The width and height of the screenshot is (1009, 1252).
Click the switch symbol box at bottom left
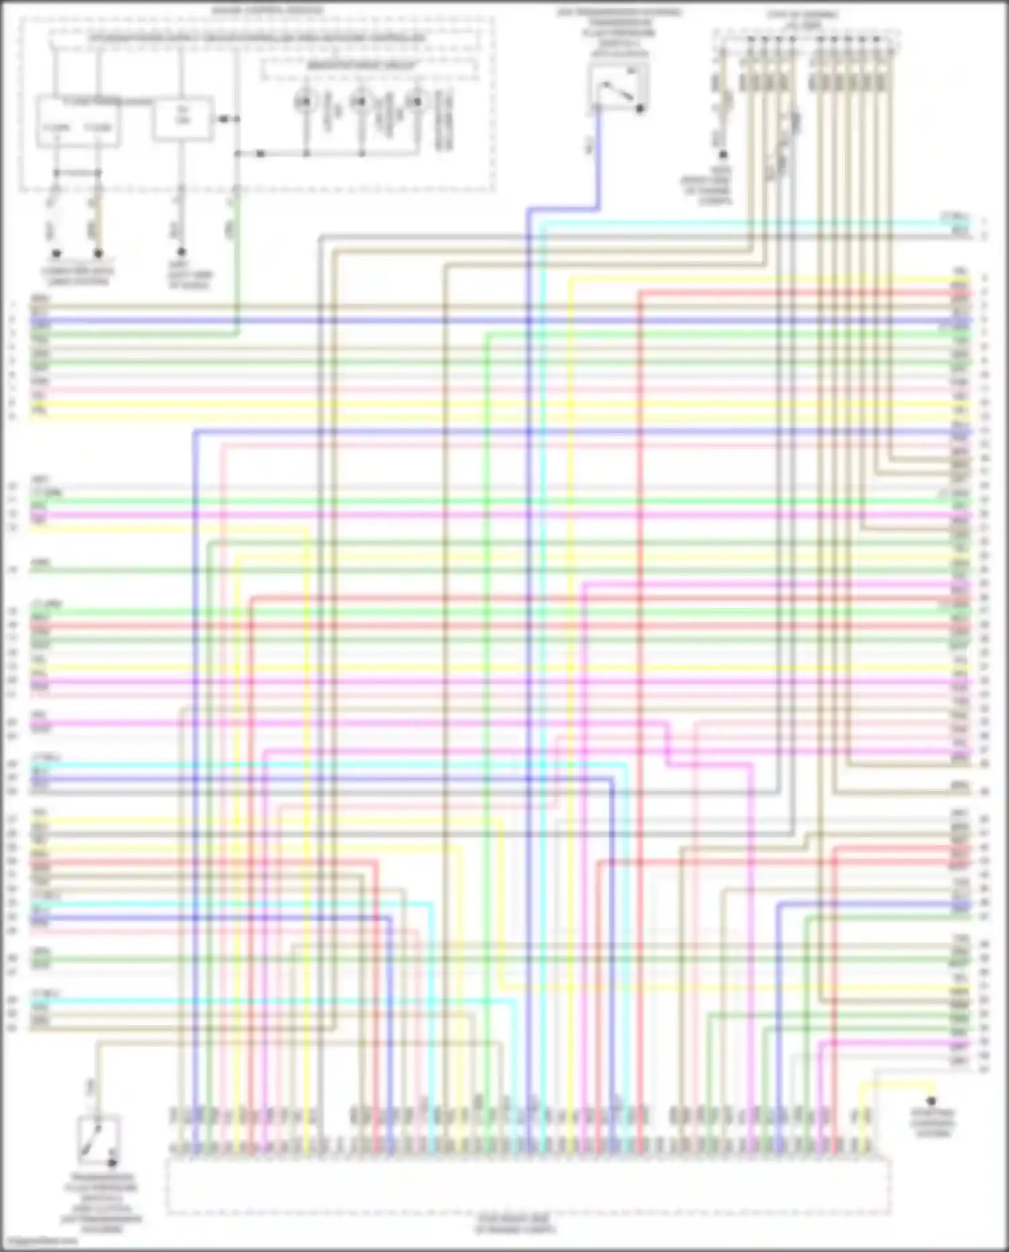pos(99,1140)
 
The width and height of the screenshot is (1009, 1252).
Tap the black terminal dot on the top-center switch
pos(640,108)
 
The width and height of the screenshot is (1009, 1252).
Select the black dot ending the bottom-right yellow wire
pos(931,1101)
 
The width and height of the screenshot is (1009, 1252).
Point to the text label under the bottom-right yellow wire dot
pos(932,1123)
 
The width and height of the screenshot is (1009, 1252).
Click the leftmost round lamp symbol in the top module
pos(305,102)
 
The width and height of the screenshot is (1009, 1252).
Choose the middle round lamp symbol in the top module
pos(361,102)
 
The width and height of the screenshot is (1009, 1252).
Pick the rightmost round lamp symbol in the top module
pos(416,102)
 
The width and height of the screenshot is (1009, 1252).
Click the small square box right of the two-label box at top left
pos(183,118)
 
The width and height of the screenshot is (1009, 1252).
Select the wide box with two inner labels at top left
pos(78,122)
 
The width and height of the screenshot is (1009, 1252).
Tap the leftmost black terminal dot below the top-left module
pos(57,254)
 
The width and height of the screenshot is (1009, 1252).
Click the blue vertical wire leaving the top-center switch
pos(597,161)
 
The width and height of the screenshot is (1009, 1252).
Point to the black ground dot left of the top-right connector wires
pos(723,155)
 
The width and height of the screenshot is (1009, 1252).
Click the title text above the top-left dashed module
pos(268,11)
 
